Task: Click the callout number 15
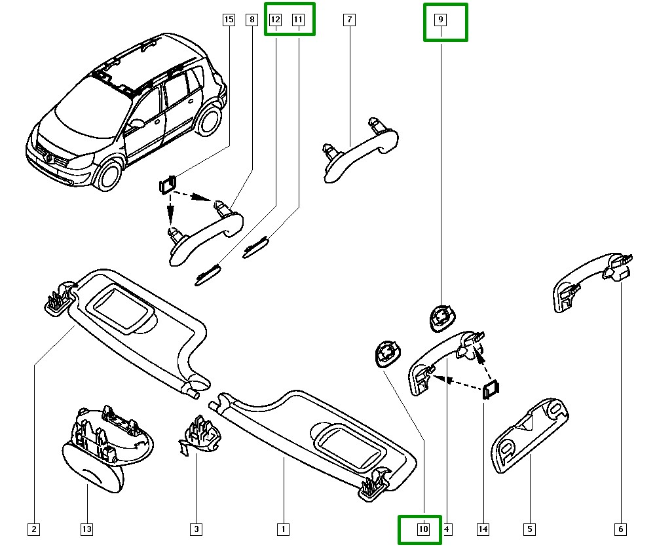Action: (x=228, y=20)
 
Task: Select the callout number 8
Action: (x=252, y=20)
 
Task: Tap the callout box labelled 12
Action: (x=276, y=20)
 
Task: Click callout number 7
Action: (x=349, y=20)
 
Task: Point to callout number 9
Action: (x=441, y=20)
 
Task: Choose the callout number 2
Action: (x=33, y=529)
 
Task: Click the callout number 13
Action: (x=87, y=529)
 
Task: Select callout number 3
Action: (x=196, y=529)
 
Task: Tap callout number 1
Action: (x=284, y=529)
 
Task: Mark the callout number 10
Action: (x=423, y=529)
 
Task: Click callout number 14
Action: (x=483, y=529)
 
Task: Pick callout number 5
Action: (x=529, y=529)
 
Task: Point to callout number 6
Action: (x=620, y=529)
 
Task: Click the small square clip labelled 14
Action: (x=491, y=390)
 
